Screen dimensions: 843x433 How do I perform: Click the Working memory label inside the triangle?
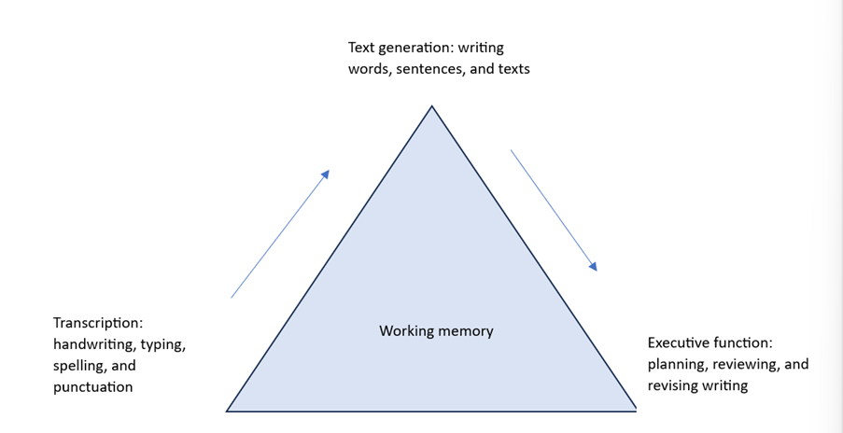tap(436, 331)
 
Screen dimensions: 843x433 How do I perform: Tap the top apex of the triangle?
tap(431, 106)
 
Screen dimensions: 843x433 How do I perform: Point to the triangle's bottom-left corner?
tap(228, 410)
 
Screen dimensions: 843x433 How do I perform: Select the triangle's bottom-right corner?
tap(636, 410)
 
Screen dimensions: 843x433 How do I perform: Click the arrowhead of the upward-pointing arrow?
tap(326, 174)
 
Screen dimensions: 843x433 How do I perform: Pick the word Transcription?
tap(97, 323)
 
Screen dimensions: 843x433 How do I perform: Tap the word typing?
tap(163, 344)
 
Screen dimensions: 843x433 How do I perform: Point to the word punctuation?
tap(92, 386)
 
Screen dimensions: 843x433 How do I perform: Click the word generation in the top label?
tap(416, 48)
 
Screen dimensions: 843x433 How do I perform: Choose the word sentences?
tap(427, 69)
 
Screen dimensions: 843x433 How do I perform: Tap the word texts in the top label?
tap(513, 69)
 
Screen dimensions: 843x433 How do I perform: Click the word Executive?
tap(681, 342)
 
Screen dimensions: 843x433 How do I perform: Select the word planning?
tap(678, 364)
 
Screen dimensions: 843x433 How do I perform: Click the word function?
tap(744, 342)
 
